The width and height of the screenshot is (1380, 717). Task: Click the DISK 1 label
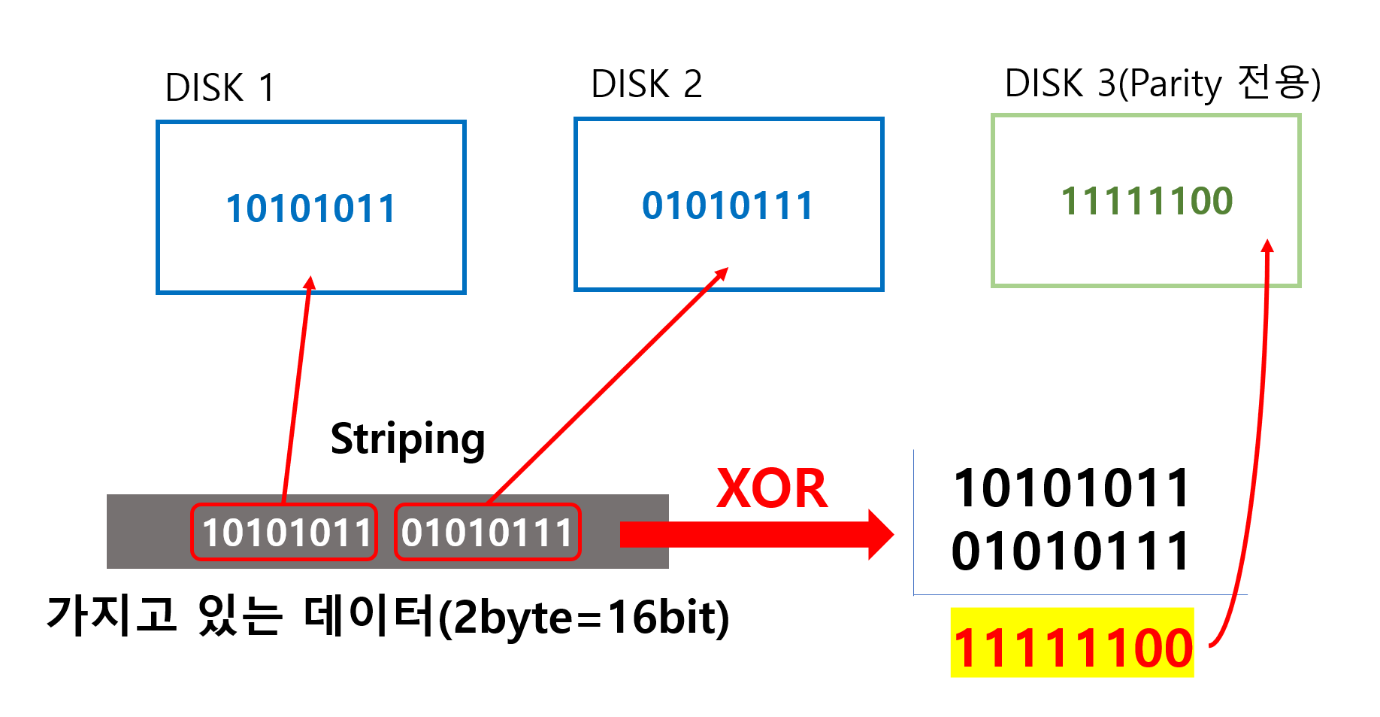point(219,88)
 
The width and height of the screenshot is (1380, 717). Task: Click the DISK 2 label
point(646,84)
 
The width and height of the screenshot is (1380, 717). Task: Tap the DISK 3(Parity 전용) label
point(1162,84)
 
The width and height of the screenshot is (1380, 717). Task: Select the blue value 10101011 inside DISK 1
point(310,208)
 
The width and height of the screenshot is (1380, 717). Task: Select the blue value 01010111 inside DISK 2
point(728,205)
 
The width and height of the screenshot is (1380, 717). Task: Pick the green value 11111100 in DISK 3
point(1146,201)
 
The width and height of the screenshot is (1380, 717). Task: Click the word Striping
point(407,439)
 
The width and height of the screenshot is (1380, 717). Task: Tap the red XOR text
point(772,489)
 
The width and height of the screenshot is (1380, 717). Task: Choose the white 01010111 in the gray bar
point(487,533)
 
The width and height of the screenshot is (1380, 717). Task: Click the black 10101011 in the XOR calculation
point(1072,488)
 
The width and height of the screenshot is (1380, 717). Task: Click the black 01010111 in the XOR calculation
point(1070,551)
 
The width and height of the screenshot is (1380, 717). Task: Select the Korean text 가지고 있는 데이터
point(241,615)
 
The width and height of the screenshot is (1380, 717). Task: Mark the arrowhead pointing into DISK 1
point(310,282)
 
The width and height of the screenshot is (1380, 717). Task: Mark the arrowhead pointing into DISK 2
point(722,272)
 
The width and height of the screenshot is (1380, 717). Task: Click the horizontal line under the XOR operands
point(1079,595)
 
